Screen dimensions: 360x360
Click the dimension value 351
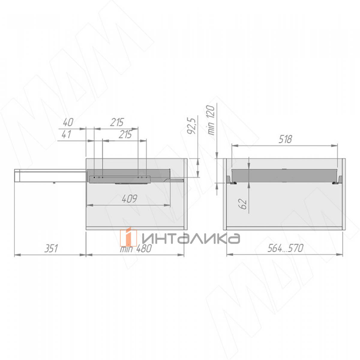[51, 248]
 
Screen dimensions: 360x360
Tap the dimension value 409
[130, 199]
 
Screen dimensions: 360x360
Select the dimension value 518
[285, 139]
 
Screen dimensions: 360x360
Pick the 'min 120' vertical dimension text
[211, 120]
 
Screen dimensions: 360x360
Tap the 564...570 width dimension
[285, 248]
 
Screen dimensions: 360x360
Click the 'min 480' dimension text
[136, 249]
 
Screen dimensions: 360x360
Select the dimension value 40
[68, 123]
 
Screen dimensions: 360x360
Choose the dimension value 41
[67, 134]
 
